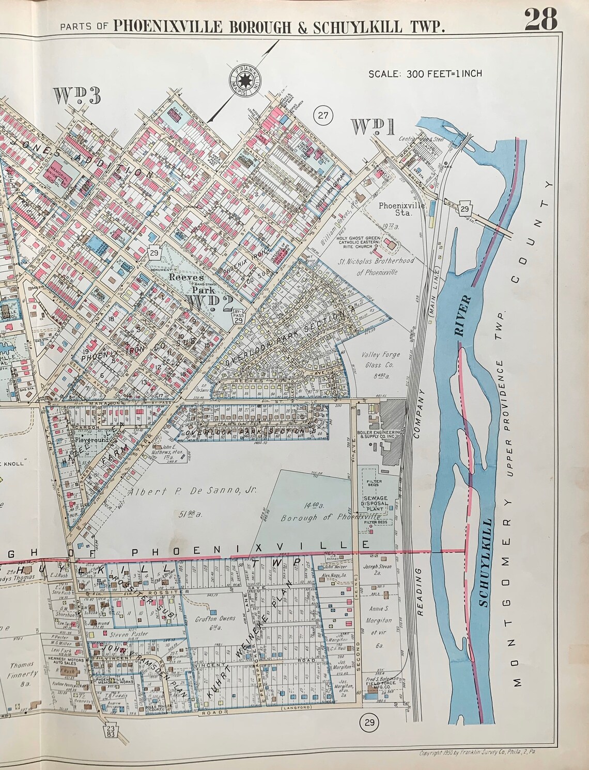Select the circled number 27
[323, 115]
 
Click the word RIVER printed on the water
[463, 316]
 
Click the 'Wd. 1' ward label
[373, 127]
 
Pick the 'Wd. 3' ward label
[76, 96]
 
